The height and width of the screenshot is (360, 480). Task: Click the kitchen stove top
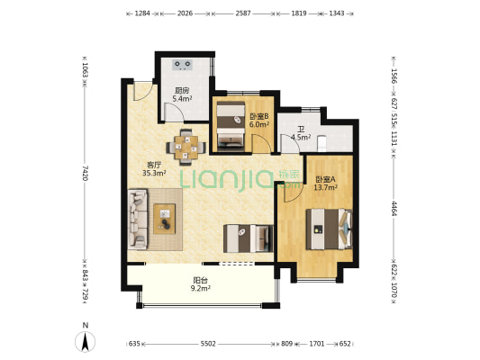click(x=183, y=65)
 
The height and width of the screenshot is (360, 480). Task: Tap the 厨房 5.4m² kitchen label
click(x=182, y=94)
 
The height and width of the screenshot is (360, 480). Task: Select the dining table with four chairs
click(x=186, y=148)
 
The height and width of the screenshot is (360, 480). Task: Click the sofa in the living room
click(x=138, y=219)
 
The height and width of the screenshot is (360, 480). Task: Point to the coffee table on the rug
click(x=165, y=219)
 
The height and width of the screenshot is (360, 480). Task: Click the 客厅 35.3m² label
click(x=154, y=169)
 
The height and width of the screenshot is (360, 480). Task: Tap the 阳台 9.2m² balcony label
click(x=201, y=284)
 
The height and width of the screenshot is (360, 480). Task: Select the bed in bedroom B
click(x=231, y=127)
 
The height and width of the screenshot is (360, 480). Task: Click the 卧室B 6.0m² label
click(x=259, y=121)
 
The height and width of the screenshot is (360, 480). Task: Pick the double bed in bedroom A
click(x=329, y=229)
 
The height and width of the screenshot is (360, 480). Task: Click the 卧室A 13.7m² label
click(x=325, y=184)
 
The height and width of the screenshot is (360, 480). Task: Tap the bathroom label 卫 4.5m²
click(x=301, y=133)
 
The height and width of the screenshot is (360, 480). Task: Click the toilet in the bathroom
click(x=322, y=143)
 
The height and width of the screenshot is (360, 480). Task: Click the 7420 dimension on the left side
click(x=85, y=173)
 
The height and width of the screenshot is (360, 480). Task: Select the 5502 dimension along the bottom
click(x=208, y=344)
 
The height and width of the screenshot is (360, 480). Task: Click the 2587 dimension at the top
click(x=243, y=13)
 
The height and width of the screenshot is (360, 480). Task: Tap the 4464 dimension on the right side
click(x=394, y=208)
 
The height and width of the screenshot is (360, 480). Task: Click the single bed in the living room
click(x=249, y=238)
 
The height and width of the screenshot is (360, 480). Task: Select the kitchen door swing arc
click(x=177, y=110)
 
